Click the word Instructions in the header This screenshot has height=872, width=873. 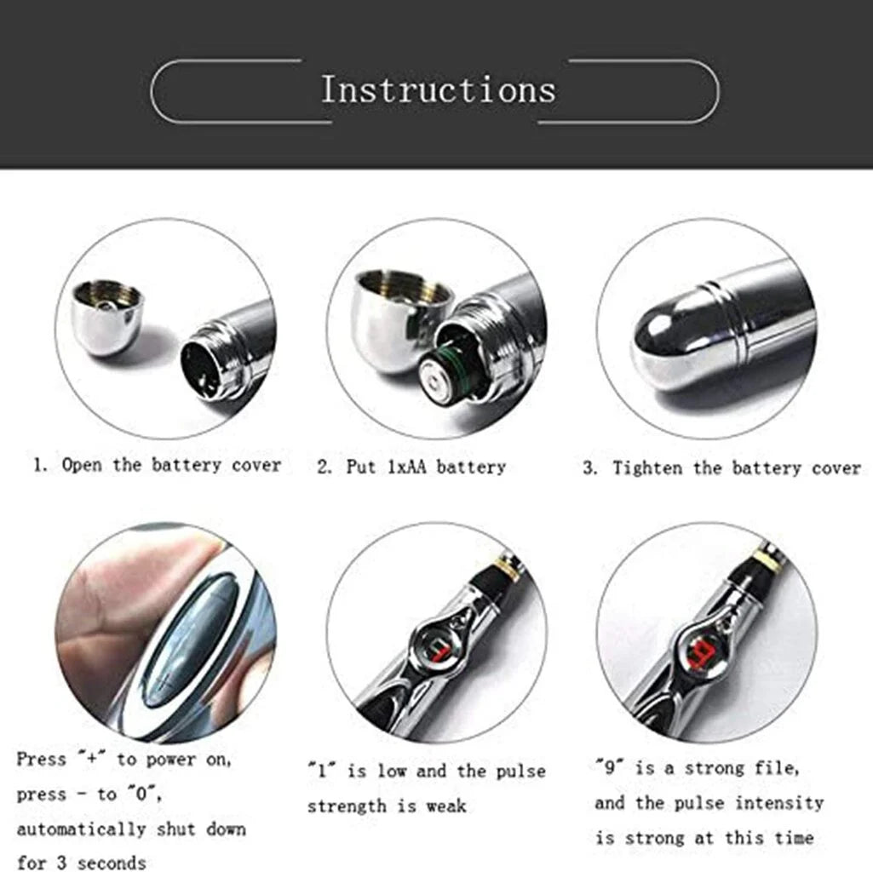[x=439, y=89]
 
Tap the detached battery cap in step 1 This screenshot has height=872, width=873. [x=108, y=316]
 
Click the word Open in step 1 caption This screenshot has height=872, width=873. [x=81, y=465]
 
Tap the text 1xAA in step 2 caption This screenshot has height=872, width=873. [x=406, y=467]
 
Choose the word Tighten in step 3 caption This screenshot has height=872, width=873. [x=647, y=468]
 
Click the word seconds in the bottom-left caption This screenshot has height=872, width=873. [x=112, y=863]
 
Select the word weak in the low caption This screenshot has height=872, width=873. [x=446, y=806]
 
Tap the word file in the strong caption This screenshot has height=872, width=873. [x=778, y=768]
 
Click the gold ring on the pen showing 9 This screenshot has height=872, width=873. [x=769, y=558]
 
